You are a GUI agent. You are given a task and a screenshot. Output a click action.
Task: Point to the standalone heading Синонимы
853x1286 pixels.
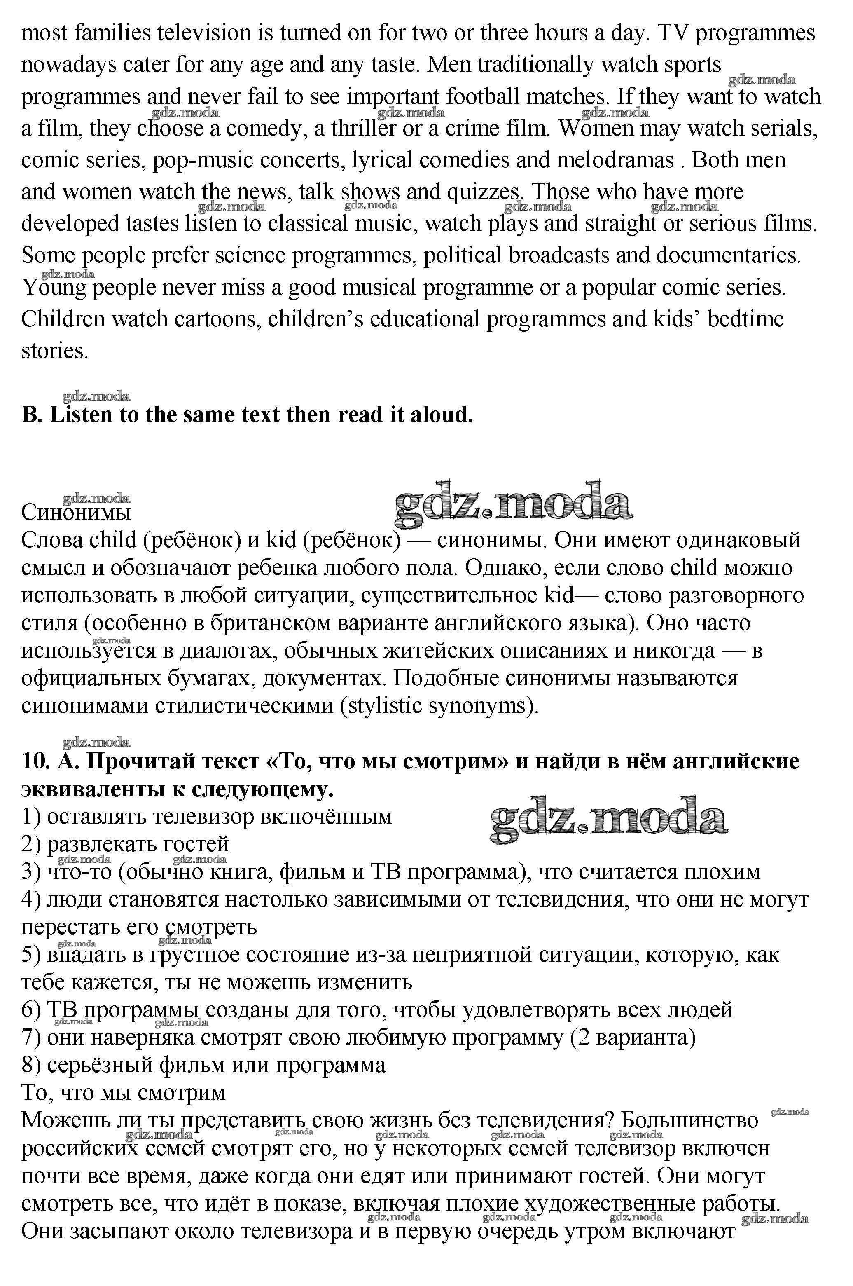coord(76,512)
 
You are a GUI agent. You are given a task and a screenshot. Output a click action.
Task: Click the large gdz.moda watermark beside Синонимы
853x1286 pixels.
coord(512,504)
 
